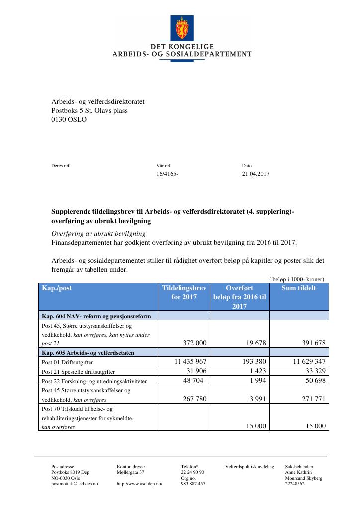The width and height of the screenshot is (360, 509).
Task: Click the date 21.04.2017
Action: coord(255,174)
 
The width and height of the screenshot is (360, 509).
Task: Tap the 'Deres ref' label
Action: coord(61,166)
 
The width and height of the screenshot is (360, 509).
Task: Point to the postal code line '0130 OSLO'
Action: coord(65,119)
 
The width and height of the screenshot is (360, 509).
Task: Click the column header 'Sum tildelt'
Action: coord(298,288)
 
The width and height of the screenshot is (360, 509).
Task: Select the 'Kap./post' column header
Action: coord(57,288)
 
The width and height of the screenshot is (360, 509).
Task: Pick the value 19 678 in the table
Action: coord(253,343)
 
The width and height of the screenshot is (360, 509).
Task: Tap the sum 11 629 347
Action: coord(306,362)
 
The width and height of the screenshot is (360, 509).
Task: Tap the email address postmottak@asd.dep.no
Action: coord(75,484)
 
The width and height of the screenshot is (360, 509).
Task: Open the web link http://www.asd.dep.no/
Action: coord(140,484)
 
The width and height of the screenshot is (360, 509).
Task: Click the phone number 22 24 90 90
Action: coord(193,472)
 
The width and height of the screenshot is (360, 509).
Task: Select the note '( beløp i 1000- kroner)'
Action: coord(296,279)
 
